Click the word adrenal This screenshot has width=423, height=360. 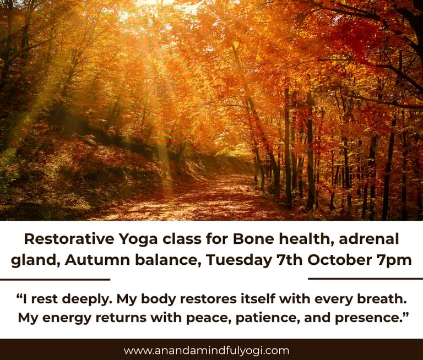369,239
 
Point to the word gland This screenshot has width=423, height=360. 35,261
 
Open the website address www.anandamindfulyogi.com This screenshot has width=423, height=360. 207,351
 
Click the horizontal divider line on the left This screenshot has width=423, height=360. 55,280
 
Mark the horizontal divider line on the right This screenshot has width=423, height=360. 366,279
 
